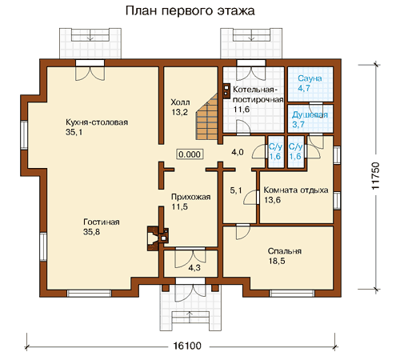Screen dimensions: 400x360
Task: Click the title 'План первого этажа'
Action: [x=190, y=11]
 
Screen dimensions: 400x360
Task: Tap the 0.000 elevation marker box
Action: [x=190, y=154]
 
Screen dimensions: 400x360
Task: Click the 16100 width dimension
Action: [x=187, y=346]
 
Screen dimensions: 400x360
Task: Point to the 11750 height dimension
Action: [x=375, y=176]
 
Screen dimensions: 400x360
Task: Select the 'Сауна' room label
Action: [x=310, y=78]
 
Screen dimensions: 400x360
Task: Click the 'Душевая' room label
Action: [x=310, y=115]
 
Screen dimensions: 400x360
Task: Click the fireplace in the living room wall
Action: [x=158, y=238]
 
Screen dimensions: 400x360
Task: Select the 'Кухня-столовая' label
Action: [x=97, y=122]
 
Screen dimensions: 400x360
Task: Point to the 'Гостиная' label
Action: [x=102, y=222]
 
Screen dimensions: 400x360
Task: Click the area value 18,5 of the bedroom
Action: [x=277, y=261]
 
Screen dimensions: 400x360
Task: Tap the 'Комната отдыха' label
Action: [x=296, y=190]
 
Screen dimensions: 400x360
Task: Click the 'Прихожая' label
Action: [x=190, y=197]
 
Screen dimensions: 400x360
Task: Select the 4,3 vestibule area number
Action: [x=194, y=268]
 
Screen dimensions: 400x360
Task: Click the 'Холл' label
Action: [x=180, y=102]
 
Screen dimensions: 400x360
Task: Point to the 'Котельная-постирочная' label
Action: [x=258, y=94]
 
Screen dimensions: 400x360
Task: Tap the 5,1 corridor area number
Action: [x=236, y=190]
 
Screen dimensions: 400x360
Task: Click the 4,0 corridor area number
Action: [x=238, y=152]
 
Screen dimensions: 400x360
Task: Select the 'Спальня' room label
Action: [x=285, y=251]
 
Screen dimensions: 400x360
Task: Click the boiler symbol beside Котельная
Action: [x=226, y=90]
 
